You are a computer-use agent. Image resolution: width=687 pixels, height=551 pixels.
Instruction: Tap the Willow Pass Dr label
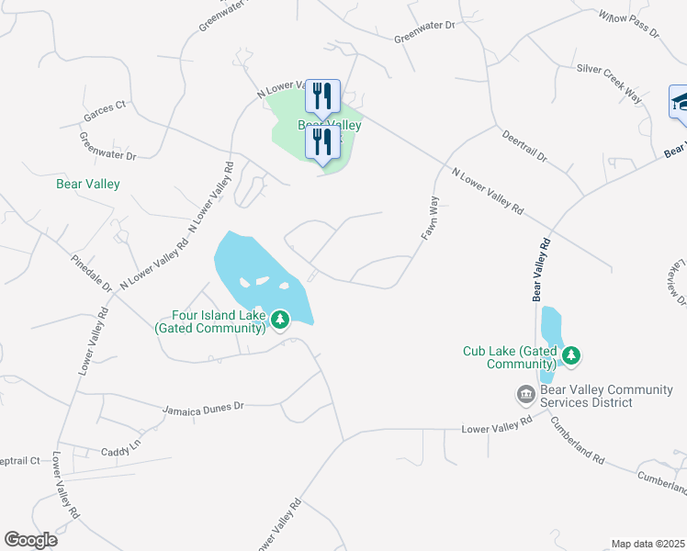click(629, 24)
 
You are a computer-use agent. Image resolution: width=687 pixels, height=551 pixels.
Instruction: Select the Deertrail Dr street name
click(524, 146)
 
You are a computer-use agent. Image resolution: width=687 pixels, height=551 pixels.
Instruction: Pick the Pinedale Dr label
click(92, 273)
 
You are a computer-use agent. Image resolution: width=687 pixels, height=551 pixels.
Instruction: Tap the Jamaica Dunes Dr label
click(203, 406)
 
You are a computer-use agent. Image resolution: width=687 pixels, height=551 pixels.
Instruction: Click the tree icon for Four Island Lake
click(280, 320)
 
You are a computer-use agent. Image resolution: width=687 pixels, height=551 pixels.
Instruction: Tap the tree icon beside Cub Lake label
click(571, 354)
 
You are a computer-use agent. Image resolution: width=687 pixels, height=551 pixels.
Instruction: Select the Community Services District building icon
click(525, 395)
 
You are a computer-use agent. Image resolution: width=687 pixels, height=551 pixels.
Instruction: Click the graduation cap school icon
click(681, 101)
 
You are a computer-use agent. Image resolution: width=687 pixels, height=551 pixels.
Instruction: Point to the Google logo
click(30, 540)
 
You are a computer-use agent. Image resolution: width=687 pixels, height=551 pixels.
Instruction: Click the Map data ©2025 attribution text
click(648, 544)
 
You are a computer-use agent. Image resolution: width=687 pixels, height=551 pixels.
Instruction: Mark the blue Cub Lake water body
click(550, 327)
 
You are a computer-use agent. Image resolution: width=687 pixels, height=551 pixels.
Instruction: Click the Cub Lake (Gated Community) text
click(511, 357)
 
